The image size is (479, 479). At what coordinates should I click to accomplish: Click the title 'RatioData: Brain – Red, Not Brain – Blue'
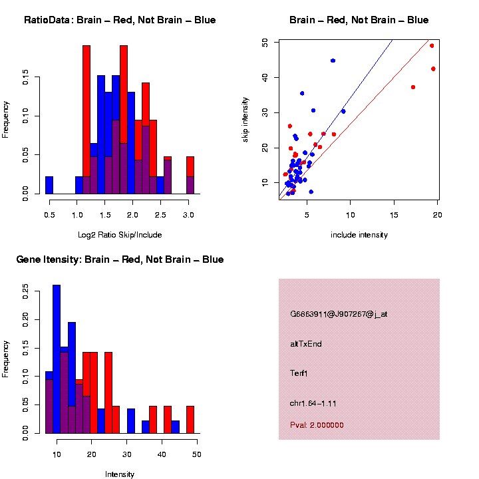point(120,20)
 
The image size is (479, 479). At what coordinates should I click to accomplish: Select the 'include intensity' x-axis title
point(359,234)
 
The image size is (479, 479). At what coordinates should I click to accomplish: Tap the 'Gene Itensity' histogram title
point(120,259)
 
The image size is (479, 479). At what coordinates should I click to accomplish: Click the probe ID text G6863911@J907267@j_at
point(338,313)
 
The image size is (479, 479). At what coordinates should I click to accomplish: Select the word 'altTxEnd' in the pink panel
point(306,344)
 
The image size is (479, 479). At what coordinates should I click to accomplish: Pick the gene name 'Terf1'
point(299,373)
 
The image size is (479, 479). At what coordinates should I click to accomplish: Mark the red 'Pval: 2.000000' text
point(317,425)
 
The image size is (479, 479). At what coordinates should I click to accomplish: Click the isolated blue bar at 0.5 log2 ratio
point(49,185)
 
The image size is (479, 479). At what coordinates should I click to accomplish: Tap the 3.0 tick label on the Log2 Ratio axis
point(189,214)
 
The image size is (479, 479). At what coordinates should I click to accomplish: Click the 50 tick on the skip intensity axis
point(265,43)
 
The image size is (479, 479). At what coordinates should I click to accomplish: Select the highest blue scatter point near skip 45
point(333,61)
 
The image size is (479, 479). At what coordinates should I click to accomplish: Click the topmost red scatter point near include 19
point(432,46)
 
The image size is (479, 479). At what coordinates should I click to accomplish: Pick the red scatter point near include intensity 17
point(413,87)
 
